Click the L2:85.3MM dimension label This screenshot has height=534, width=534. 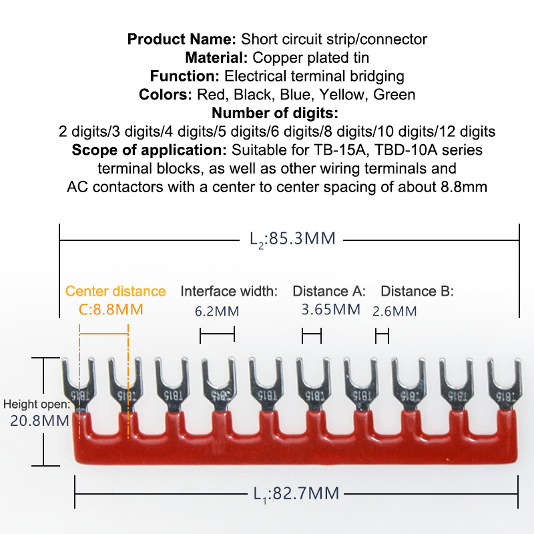[x=292, y=238]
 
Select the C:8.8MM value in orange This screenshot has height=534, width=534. [x=111, y=310]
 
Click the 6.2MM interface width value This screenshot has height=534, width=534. [x=217, y=311]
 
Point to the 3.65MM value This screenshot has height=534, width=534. [x=331, y=310]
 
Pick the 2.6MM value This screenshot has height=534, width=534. [x=394, y=311]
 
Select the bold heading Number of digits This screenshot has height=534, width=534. [x=275, y=113]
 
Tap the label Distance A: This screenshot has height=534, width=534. [x=329, y=291]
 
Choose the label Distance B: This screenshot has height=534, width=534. [x=417, y=291]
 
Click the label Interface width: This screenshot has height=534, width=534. [x=229, y=291]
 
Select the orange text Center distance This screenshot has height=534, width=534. [x=115, y=291]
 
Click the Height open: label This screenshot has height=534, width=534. [x=36, y=404]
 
